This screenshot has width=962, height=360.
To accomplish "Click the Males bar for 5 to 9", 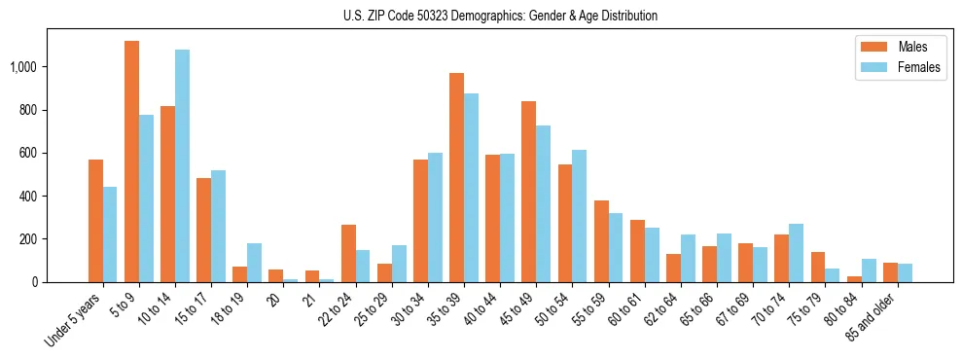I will [131, 162].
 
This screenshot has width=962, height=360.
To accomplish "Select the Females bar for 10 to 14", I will [182, 165].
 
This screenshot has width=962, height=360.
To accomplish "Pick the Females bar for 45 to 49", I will [543, 203].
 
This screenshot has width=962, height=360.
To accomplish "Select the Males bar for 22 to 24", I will [348, 253].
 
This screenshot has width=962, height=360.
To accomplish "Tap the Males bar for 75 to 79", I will [817, 267].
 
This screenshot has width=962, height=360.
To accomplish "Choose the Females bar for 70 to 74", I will [796, 253].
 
